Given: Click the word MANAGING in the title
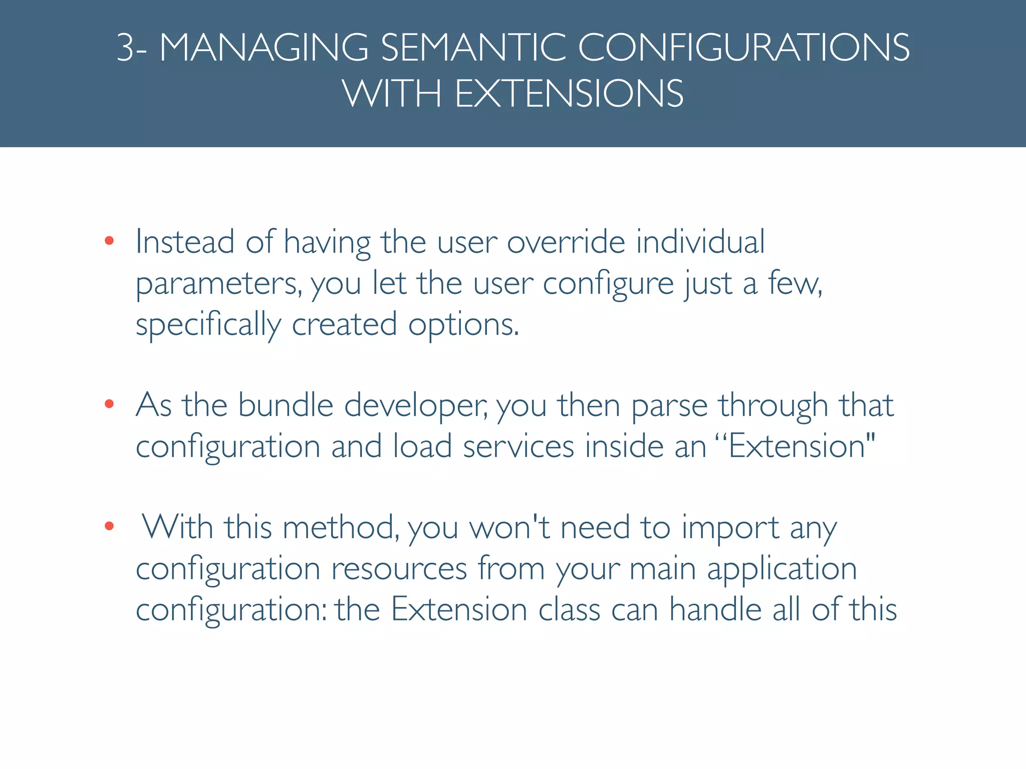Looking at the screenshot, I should coord(264,48).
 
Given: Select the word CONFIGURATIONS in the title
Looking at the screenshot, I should coord(743,48).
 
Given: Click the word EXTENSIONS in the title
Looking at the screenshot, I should coord(569,94).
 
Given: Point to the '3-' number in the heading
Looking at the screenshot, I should coord(131,48).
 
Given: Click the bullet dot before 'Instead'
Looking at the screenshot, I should coord(109,241).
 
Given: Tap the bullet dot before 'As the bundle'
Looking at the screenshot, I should coord(109,404).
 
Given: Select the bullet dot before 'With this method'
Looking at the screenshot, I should coord(109,526).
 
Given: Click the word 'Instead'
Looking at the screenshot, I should coord(185,242).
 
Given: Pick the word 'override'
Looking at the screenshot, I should coord(566,242).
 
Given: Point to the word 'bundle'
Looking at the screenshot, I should coord(286,405).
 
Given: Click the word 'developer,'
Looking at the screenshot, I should coord(416,406).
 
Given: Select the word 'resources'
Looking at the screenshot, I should coord(399,569).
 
